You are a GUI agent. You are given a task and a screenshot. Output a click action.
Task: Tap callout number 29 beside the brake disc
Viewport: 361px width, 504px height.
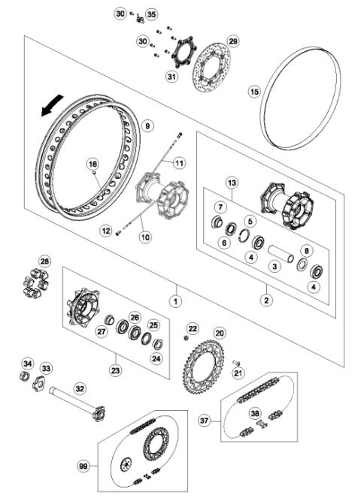point(232,41)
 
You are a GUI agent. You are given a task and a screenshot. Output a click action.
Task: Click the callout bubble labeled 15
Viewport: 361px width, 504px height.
point(254,91)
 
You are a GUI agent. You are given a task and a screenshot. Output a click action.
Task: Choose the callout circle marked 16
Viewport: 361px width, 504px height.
point(93,164)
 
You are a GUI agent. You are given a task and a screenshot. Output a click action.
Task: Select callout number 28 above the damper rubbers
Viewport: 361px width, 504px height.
point(45,261)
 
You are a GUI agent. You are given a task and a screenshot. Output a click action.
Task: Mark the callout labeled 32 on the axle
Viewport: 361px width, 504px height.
point(80,388)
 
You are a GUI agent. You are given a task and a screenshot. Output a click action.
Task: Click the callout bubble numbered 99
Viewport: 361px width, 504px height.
point(83,466)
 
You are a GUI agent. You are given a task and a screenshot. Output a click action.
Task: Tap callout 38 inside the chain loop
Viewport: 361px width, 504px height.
point(256,413)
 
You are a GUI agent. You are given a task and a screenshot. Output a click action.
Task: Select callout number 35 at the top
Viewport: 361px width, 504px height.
point(152,14)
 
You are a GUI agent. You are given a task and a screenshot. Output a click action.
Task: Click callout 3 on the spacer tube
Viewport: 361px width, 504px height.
point(276,266)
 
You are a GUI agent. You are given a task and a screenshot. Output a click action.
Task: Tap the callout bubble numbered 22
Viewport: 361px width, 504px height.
point(193,329)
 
